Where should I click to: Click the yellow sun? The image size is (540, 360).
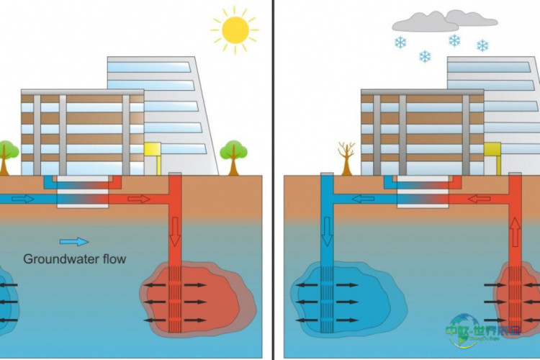click(x=235, y=30)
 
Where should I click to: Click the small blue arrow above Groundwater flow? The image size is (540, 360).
click(x=74, y=242)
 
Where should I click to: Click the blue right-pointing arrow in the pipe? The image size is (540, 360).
click(x=23, y=198)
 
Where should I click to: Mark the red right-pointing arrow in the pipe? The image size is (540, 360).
click(x=139, y=198)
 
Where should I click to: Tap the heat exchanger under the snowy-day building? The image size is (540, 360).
click(x=421, y=193)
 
